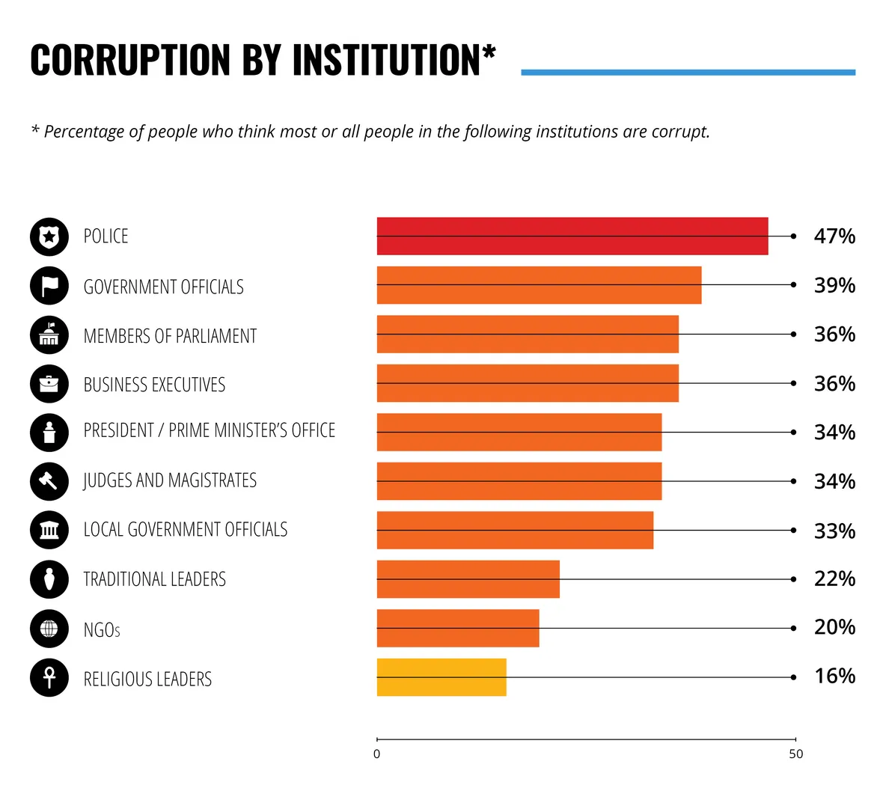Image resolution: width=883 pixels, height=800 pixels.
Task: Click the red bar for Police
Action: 572,236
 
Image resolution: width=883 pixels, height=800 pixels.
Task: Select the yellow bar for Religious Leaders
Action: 441,677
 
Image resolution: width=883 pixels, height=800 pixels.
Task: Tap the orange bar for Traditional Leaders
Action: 468,578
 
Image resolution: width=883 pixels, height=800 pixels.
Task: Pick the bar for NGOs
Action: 457,628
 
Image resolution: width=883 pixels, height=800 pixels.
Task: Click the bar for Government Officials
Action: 539,285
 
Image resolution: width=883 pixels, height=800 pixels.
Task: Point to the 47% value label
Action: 834,236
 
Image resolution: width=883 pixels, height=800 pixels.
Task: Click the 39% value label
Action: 834,285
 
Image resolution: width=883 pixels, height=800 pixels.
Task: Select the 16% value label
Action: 834,677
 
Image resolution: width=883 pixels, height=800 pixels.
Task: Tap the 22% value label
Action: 834,578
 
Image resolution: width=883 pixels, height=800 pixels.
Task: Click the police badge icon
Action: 49,237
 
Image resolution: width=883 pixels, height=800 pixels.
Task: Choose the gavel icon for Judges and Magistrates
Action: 49,481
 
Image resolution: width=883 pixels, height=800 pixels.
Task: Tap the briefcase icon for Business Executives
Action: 49,384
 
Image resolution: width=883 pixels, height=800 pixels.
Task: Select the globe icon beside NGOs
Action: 49,629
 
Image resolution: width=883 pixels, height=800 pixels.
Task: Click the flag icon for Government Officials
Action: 49,286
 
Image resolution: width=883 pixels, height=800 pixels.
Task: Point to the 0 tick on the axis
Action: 376,754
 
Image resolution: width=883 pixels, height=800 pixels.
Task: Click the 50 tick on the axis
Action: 795,754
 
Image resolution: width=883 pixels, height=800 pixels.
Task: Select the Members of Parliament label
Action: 170,336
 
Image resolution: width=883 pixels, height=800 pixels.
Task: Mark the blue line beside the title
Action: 688,73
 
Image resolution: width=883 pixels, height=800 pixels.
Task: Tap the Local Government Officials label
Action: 185,530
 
